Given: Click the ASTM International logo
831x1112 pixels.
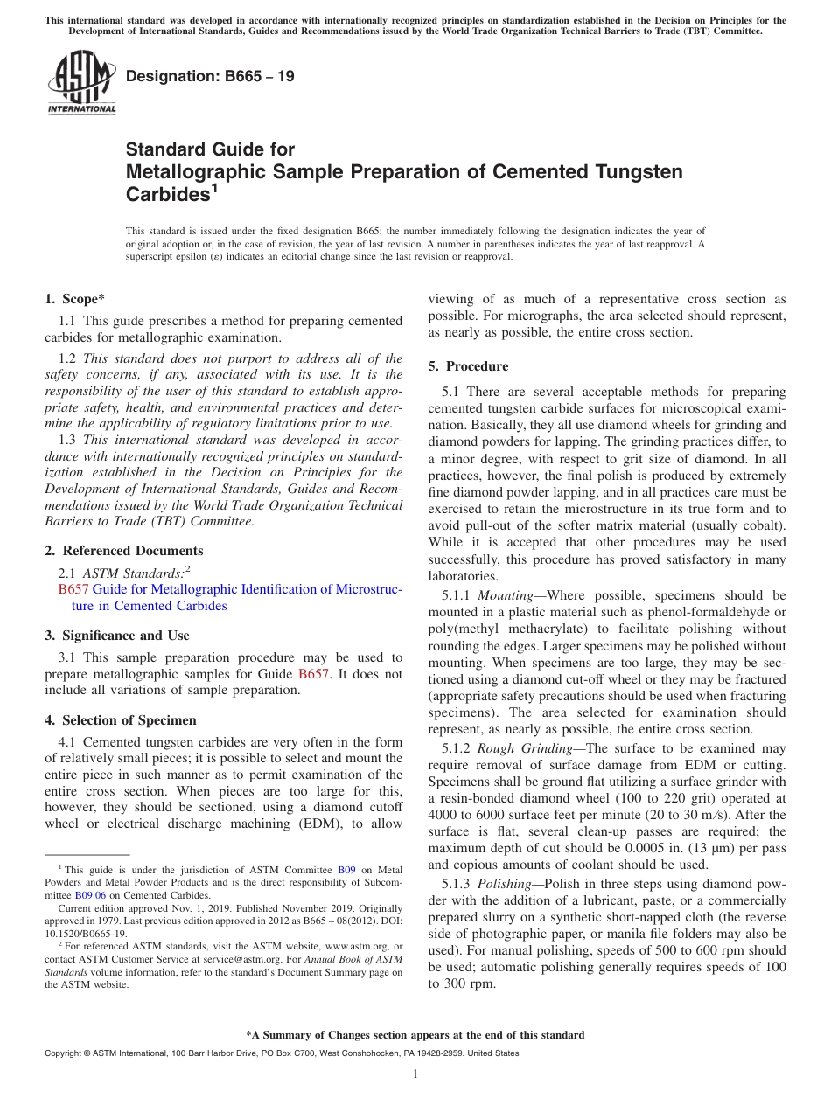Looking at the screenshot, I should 81,83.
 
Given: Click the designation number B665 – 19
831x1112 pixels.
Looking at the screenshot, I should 210,77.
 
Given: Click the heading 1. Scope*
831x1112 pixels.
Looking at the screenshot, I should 74,299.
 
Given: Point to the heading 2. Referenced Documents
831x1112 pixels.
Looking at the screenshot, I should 123,551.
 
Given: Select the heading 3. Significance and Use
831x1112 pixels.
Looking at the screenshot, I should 116,636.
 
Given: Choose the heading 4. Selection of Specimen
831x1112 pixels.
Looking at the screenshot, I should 121,720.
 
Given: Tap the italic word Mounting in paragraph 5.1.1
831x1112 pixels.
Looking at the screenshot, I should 506,595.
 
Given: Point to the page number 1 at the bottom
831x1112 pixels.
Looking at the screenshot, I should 415,1074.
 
